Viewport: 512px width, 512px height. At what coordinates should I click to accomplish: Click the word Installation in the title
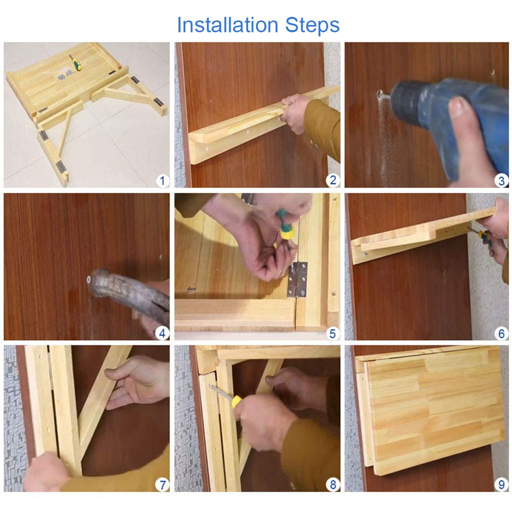[x=228, y=25]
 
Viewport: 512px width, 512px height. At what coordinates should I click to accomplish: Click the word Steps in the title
[x=312, y=26]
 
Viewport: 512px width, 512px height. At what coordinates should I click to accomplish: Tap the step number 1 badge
[x=162, y=181]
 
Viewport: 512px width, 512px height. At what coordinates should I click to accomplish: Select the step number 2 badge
[x=333, y=180]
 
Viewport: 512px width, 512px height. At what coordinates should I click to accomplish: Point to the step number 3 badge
[x=502, y=181]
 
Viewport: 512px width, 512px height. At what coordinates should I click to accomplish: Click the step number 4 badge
[x=162, y=333]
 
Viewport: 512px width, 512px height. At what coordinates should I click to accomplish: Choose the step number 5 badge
[x=332, y=333]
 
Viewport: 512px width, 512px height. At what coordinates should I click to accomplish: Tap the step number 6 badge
[x=502, y=333]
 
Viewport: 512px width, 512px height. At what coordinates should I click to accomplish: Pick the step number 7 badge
[x=162, y=484]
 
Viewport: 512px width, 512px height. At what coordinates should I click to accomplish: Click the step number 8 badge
[x=333, y=484]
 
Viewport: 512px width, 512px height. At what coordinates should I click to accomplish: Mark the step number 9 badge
[x=502, y=484]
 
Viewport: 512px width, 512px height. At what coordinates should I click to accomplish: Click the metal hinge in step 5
[x=297, y=279]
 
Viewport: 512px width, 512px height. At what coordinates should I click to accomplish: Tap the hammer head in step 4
[x=101, y=282]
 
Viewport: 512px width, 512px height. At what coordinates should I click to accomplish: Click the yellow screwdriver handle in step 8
[x=236, y=402]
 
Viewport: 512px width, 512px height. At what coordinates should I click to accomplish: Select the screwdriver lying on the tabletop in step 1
[x=75, y=62]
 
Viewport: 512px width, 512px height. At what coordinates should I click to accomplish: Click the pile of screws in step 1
[x=64, y=75]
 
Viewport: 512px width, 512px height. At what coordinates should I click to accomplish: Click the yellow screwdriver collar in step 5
[x=286, y=233]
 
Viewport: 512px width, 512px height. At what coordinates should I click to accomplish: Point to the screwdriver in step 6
[x=480, y=235]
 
